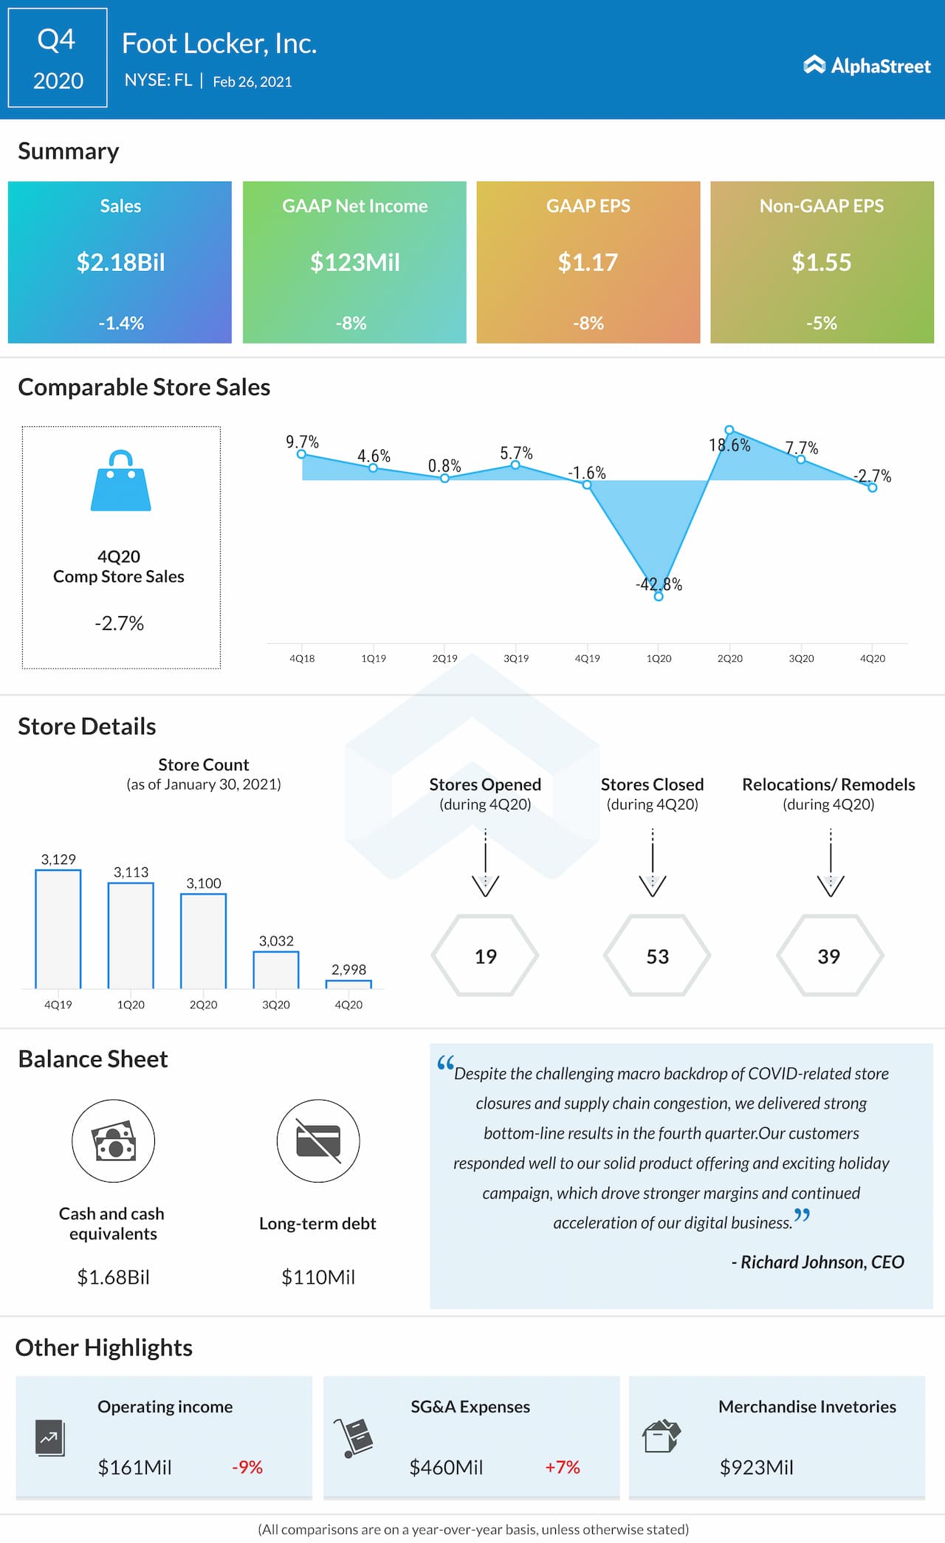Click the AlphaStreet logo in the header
click(x=867, y=66)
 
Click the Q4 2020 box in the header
click(x=58, y=58)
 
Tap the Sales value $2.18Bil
click(x=120, y=262)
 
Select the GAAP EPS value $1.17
click(x=588, y=262)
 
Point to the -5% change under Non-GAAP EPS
click(x=821, y=323)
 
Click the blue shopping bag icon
click(x=120, y=481)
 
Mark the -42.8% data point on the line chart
click(x=659, y=596)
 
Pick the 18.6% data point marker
click(x=729, y=430)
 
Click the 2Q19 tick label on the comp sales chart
click(x=444, y=658)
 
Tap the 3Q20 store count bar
click(x=276, y=969)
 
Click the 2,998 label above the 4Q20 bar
click(x=348, y=969)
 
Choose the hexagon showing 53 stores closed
click(x=657, y=956)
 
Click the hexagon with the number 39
click(x=829, y=956)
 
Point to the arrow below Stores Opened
click(x=485, y=864)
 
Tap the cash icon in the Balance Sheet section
click(x=113, y=1141)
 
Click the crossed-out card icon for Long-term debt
click(x=318, y=1141)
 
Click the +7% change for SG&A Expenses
click(x=563, y=1467)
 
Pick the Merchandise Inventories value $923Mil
click(x=756, y=1467)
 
